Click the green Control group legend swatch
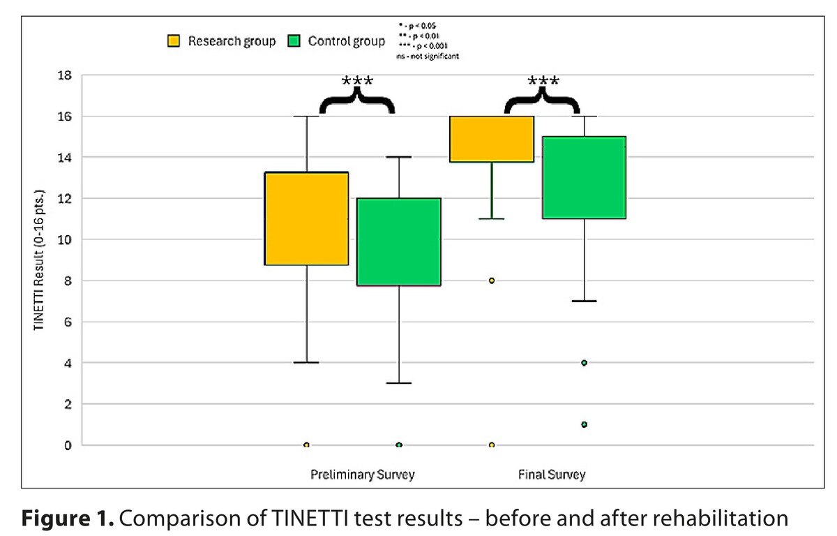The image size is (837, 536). pos(295,41)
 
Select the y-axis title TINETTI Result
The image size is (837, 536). pos(39,260)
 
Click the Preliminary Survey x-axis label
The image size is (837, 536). pos(362,475)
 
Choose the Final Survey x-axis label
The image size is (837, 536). pos(552,475)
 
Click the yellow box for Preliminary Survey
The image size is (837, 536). pos(307,218)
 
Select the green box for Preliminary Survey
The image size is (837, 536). pos(399,241)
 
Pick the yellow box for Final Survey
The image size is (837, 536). pos(492,139)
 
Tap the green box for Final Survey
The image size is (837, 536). pos(584,177)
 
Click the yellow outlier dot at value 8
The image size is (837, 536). pos(492,281)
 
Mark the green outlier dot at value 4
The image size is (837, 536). pos(584,363)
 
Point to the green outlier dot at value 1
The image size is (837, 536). pos(584,424)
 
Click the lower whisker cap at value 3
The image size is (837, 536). pos(399,383)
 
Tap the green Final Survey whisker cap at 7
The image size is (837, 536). pos(584,301)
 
